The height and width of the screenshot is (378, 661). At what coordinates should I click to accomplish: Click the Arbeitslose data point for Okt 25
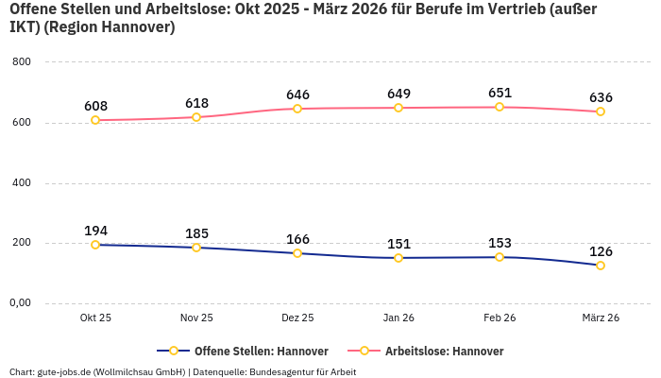[95, 120]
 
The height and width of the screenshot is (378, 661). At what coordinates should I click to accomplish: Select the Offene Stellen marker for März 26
[601, 266]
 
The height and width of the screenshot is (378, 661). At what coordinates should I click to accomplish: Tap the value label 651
[500, 93]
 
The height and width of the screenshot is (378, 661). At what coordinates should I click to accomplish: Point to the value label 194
[95, 231]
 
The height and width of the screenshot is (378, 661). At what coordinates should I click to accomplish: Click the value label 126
[601, 251]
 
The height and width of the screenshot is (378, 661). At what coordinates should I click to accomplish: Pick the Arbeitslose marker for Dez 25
[297, 109]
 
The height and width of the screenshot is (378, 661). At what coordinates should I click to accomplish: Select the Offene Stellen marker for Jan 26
[398, 258]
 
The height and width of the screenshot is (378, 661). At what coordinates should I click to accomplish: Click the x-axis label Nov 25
[196, 318]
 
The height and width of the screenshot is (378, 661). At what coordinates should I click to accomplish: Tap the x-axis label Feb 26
[500, 318]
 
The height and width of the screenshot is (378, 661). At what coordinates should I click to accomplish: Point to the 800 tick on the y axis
[22, 62]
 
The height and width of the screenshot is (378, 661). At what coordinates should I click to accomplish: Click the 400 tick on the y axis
[22, 182]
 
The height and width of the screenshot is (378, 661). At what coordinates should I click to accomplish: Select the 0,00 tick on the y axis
[20, 303]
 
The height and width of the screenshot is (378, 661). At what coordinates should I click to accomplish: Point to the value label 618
[196, 103]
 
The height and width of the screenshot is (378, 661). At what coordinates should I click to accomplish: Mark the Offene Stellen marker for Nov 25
[196, 248]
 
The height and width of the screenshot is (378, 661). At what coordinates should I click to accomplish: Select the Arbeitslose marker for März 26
[601, 112]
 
